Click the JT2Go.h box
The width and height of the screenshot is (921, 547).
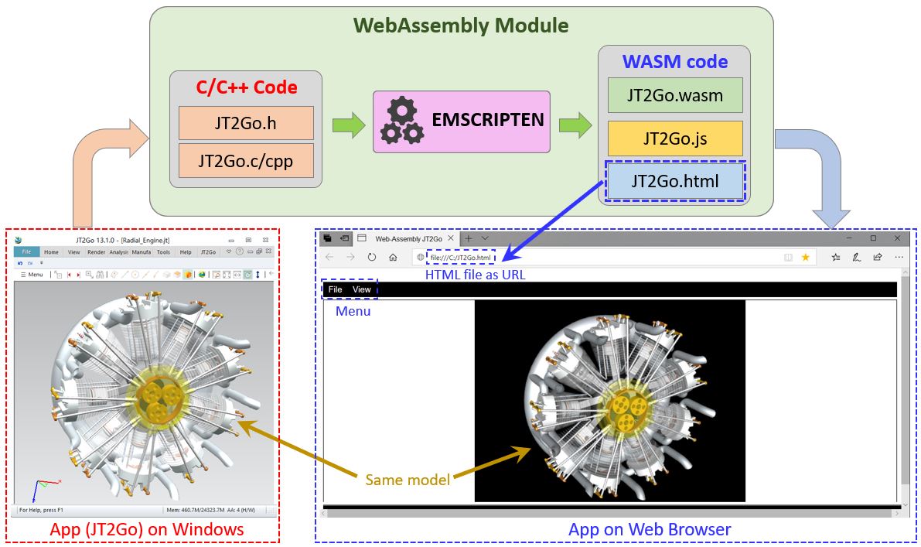(x=246, y=122)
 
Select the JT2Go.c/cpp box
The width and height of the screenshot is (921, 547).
(x=246, y=161)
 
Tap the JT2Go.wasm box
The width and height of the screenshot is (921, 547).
(x=675, y=96)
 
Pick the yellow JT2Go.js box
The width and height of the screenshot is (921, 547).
(x=675, y=139)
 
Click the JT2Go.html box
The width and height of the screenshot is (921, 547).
(x=675, y=182)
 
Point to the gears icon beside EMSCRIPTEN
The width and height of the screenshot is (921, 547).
(x=403, y=121)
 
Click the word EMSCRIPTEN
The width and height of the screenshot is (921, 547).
(x=488, y=121)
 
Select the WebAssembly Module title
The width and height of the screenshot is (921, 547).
(x=461, y=26)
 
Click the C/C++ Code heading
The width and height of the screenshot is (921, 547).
(x=246, y=87)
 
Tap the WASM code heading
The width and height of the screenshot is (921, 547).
(x=675, y=62)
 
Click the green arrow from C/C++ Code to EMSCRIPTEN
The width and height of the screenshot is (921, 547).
(x=348, y=124)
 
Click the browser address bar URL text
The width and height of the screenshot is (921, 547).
(x=461, y=257)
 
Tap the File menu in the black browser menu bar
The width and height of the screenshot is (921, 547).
(x=335, y=289)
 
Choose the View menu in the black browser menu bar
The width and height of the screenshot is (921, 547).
(x=362, y=289)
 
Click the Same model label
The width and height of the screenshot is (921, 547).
(x=408, y=480)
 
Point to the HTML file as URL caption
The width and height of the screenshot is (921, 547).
(x=475, y=274)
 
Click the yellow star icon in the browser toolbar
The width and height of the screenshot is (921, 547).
(x=805, y=257)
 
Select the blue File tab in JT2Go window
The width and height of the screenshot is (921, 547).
(x=26, y=251)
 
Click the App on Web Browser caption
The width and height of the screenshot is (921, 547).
(x=650, y=530)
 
